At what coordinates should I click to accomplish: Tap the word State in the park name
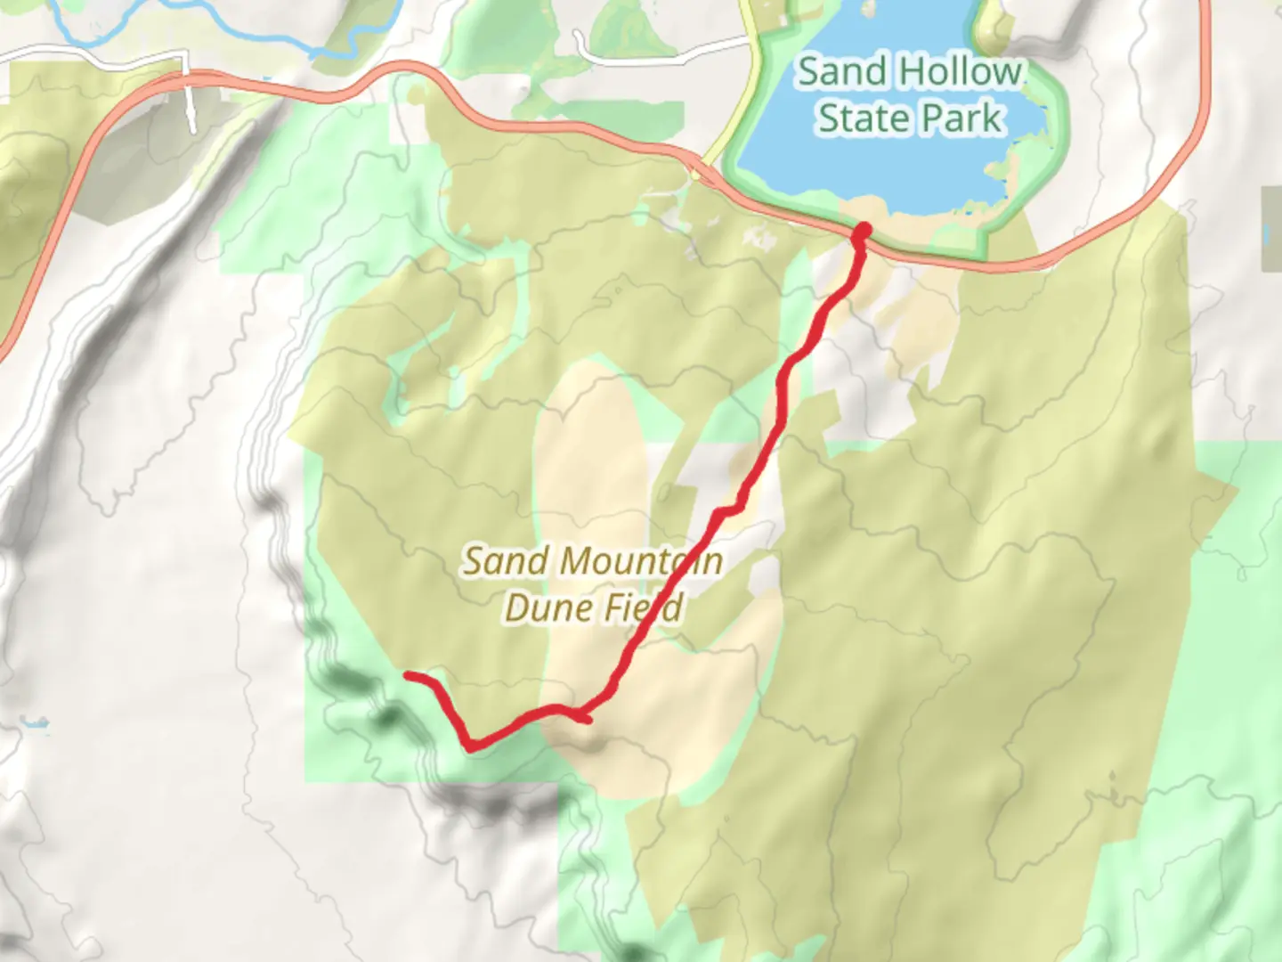click(858, 118)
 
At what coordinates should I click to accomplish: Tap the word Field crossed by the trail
click(645, 607)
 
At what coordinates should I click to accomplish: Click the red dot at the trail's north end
click(862, 233)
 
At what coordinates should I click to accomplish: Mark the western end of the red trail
click(409, 675)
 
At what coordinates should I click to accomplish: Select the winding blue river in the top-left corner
click(205, 27)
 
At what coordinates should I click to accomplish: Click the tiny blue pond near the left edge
click(36, 723)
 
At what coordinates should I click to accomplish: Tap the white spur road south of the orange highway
click(191, 107)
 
